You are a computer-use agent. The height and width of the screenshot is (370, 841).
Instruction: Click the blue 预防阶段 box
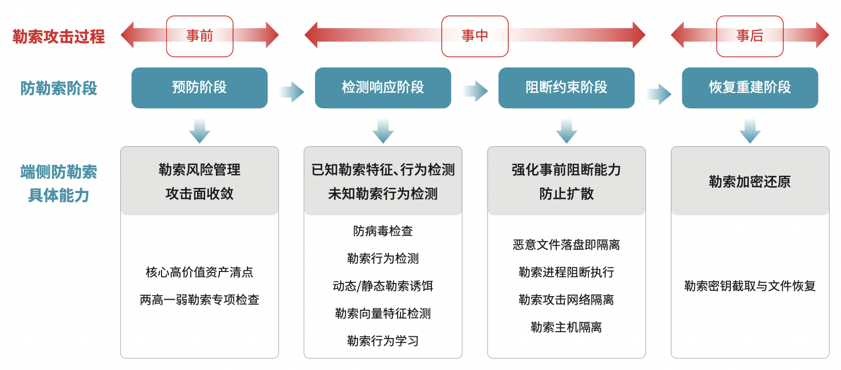[x=199, y=88]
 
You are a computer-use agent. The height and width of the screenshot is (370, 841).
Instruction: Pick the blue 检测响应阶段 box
[x=383, y=88]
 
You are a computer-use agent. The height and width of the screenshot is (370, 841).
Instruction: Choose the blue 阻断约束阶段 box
[x=567, y=88]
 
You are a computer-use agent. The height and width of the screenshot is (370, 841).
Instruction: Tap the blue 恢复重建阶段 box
[x=750, y=88]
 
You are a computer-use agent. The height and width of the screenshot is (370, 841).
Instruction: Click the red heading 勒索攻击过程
[x=58, y=37]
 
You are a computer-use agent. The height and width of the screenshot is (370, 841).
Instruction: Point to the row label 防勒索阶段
[x=58, y=88]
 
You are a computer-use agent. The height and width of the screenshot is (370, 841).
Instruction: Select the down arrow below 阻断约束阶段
[x=567, y=131]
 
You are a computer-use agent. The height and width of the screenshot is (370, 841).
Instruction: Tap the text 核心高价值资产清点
[x=199, y=272]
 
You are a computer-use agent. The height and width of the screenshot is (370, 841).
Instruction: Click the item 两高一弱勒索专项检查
[x=199, y=300]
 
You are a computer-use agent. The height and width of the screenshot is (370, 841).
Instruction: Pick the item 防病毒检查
[x=383, y=231]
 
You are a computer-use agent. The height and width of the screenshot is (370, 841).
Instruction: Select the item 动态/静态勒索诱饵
[x=383, y=286]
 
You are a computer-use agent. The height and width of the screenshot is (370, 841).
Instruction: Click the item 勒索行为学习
[x=383, y=341]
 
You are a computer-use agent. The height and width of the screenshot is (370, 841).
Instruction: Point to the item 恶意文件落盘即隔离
[x=567, y=245]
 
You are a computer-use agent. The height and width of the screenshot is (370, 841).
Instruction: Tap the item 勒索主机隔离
[x=567, y=327]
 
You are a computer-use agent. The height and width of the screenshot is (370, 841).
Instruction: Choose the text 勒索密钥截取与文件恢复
[x=750, y=286]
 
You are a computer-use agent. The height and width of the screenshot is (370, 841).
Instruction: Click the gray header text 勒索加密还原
[x=750, y=182]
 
